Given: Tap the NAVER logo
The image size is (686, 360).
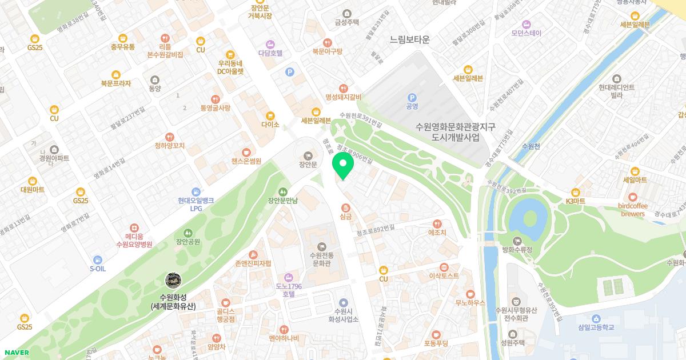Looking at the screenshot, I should (17, 353).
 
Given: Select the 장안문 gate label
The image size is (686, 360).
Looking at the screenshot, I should (308, 165).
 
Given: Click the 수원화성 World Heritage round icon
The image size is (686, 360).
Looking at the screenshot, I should (173, 280).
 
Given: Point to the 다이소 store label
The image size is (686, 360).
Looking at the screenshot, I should (270, 125).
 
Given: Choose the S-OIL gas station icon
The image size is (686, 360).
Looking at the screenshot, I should (98, 259).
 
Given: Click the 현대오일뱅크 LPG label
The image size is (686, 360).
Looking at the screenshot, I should (196, 205).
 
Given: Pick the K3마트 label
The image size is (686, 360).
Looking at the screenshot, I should (576, 201).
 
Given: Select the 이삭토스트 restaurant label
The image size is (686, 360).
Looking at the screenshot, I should (444, 275).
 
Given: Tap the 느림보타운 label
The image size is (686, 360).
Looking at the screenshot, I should (409, 40).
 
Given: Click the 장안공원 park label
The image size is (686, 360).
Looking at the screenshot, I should (188, 242).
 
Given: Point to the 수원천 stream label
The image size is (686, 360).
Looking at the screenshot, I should (531, 146).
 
